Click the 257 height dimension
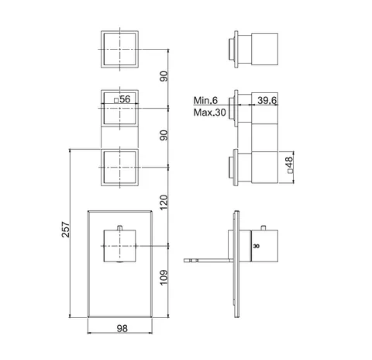[66, 230]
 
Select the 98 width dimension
[122, 328]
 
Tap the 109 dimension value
[164, 278]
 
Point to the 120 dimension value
[164, 202]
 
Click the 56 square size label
[125, 99]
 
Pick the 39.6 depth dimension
[267, 100]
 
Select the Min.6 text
[205, 100]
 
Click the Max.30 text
[210, 112]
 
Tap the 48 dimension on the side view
[290, 162]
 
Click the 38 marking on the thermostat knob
[256, 246]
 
